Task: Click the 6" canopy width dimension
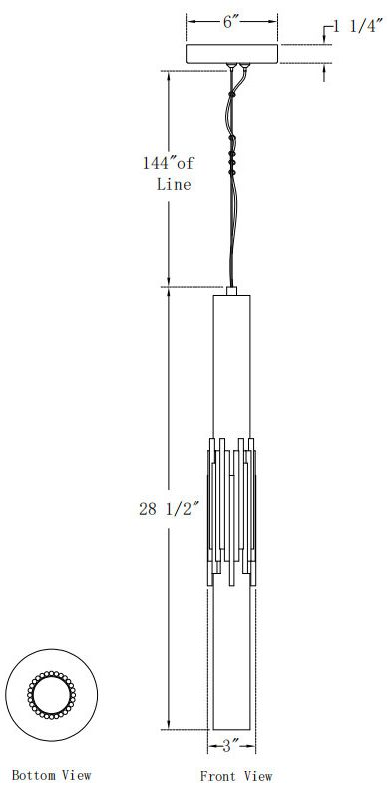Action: tap(232, 21)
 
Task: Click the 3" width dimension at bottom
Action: tap(232, 746)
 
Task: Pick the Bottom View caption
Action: tap(51, 775)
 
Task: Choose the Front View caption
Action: tap(235, 776)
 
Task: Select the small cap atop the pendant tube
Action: tap(232, 291)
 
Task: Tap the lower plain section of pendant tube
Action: tap(232, 659)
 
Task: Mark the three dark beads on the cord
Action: tap(234, 160)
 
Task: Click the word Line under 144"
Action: tap(174, 184)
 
